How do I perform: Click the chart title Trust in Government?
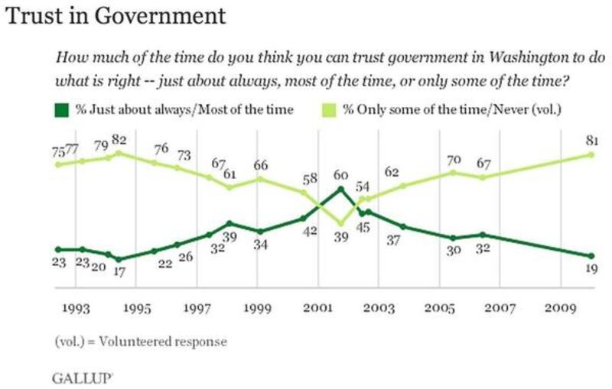(x=116, y=15)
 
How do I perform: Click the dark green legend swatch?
(x=60, y=109)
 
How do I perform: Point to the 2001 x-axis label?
(x=319, y=309)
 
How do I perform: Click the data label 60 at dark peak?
(x=340, y=174)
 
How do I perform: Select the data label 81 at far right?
(x=590, y=141)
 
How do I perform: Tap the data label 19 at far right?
(x=590, y=269)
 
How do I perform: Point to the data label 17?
(x=119, y=272)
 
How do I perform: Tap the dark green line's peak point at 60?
(x=340, y=187)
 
